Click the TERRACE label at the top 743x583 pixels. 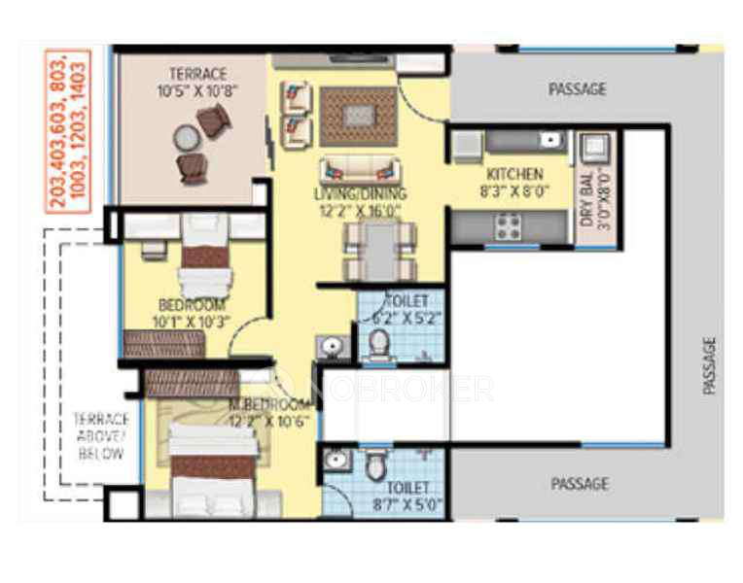(197, 73)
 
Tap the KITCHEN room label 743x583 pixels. (514, 174)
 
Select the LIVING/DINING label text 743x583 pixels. (360, 192)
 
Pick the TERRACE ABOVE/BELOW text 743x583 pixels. (101, 436)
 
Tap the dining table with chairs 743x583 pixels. (377, 249)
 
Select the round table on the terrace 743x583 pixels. (185, 139)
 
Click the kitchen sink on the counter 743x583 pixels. (552, 141)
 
